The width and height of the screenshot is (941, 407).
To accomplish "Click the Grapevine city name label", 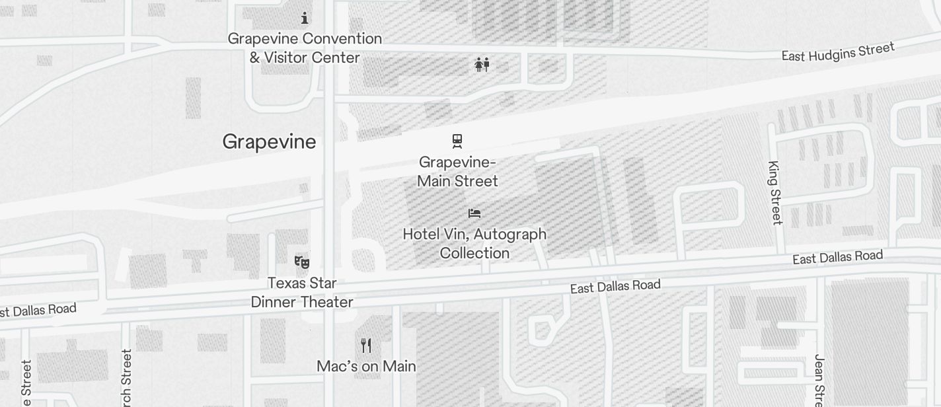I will coord(269,142).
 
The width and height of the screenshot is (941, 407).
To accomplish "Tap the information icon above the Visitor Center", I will coord(305,18).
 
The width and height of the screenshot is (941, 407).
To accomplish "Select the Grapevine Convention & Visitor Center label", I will coord(305,48).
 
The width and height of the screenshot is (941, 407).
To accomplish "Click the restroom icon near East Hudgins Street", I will coord(482,64).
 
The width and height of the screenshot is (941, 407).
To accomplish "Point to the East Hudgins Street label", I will coord(838,52).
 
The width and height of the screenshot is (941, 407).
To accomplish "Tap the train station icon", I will coord(457,141).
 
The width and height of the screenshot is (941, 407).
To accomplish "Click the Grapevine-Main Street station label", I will coord(457,171).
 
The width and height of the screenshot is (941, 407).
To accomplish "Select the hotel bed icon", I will coord(474,213).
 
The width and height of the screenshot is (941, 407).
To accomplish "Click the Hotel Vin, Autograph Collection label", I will coord(474,243).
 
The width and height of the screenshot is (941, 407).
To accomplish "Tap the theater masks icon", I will coord(302,262).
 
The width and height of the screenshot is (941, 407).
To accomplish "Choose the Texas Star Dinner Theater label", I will coord(302,292).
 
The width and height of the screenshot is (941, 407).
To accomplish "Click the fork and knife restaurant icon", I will coord(366,345).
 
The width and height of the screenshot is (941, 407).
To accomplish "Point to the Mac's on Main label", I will coord(366,366).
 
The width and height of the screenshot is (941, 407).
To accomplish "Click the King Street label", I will coord(775,192).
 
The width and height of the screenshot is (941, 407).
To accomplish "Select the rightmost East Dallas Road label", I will coord(837,257).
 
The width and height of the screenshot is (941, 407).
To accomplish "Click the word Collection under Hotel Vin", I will coord(474,253).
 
